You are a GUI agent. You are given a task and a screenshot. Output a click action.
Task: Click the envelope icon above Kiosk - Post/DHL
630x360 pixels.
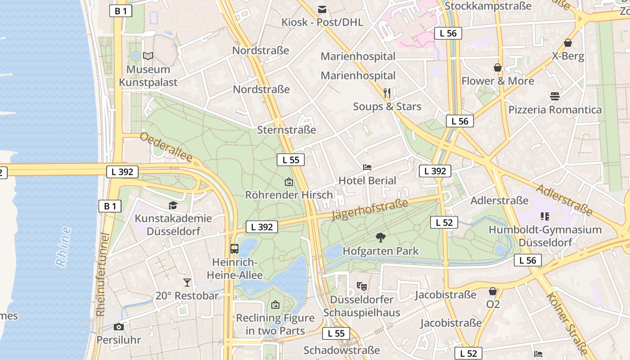pyautogui.click(x=322, y=9)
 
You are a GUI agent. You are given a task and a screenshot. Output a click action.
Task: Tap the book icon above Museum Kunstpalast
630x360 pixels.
pyautogui.click(x=148, y=56)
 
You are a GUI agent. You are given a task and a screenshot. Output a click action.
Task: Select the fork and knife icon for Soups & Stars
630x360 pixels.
pyautogui.click(x=387, y=93)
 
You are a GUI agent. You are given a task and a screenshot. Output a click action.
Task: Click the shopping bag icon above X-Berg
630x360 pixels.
pyautogui.click(x=568, y=43)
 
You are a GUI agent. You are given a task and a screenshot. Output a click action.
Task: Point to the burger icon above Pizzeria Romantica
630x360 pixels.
pyautogui.click(x=554, y=96)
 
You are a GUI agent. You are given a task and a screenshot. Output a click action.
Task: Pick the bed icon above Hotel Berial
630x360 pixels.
pyautogui.click(x=367, y=167)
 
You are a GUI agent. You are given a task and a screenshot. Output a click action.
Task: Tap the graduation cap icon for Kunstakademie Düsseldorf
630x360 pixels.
pyautogui.click(x=173, y=206)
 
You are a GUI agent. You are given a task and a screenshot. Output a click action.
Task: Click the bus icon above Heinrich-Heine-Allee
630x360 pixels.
pyautogui.click(x=234, y=248)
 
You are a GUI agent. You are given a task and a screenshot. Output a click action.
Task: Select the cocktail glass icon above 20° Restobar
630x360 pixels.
pyautogui.click(x=187, y=283)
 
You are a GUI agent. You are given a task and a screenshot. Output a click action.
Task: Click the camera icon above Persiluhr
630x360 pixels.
pyautogui.click(x=119, y=327)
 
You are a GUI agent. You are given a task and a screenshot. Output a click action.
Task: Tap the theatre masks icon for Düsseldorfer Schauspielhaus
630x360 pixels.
pyautogui.click(x=361, y=286)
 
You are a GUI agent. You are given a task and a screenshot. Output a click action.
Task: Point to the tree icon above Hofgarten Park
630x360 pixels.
pyautogui.click(x=381, y=237)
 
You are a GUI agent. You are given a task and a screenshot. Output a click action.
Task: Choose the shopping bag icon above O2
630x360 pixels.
pyautogui.click(x=493, y=291)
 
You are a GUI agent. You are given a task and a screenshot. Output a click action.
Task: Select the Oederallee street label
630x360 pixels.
pyautogui.click(x=166, y=147)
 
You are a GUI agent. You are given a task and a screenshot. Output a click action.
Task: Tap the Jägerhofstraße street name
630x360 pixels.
pyautogui.click(x=370, y=210)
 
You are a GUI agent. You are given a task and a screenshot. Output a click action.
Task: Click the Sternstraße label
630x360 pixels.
pyautogui.click(x=287, y=130)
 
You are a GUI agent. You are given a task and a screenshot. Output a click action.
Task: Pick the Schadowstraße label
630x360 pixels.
pyautogui.click(x=342, y=350)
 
